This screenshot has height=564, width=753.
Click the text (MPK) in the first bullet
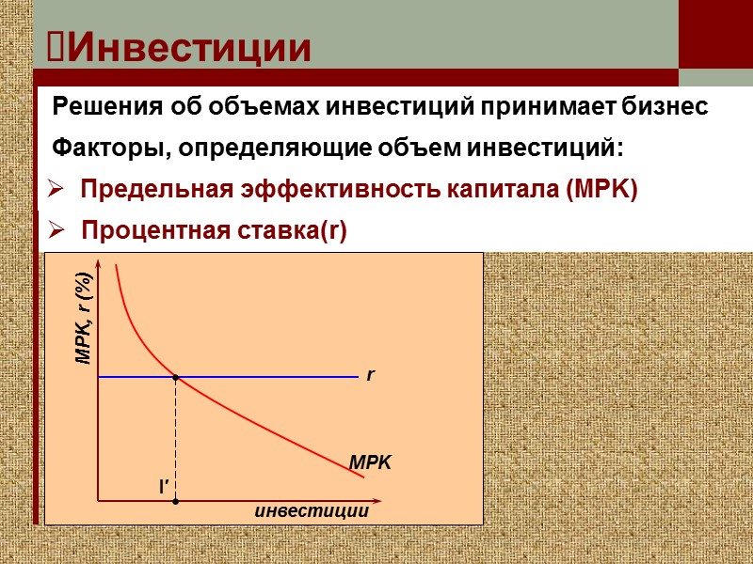[601, 189]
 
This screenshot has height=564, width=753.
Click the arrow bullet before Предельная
[56, 190]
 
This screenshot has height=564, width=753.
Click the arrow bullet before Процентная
[56, 231]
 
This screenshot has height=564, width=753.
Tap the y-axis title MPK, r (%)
[85, 318]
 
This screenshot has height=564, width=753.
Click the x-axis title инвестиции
[311, 512]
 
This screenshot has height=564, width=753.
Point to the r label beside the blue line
[371, 375]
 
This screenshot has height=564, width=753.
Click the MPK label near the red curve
[369, 462]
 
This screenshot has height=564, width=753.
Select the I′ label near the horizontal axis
[163, 486]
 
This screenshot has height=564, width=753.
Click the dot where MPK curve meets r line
[176, 377]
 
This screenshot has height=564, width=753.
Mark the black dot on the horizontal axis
[176, 501]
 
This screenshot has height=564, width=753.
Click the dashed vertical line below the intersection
[176, 437]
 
